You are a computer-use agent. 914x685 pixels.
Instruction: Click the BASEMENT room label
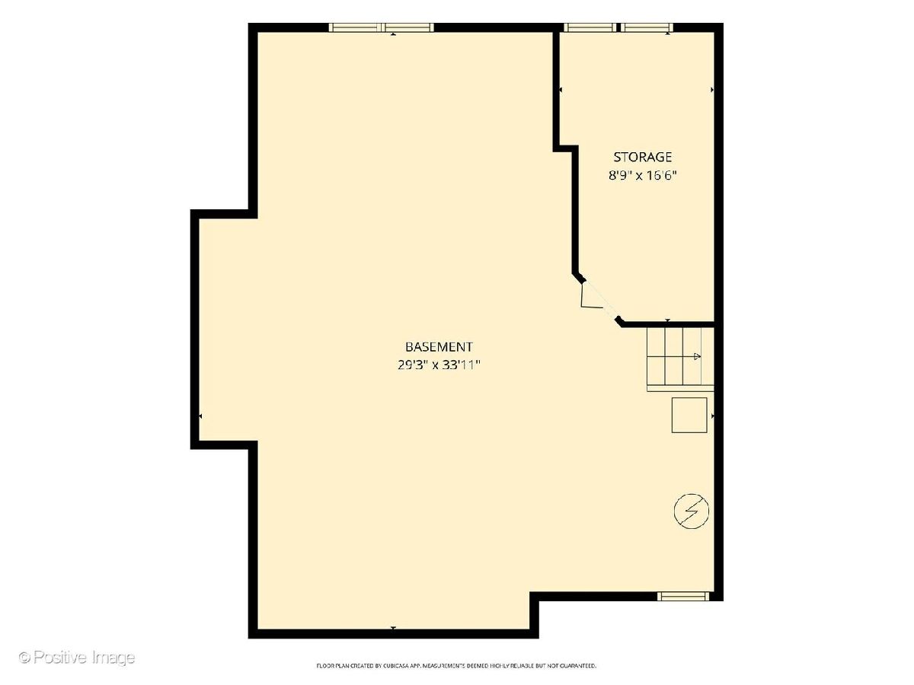[x=439, y=346]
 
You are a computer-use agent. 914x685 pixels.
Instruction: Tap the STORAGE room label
[x=643, y=157]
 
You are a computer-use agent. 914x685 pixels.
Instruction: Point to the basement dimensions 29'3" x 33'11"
[x=439, y=365]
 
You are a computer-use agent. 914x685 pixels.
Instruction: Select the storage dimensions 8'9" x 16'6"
[x=643, y=175]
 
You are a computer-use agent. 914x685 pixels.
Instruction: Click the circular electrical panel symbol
[x=692, y=511]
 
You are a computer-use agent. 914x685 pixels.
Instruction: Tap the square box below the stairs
[x=689, y=415]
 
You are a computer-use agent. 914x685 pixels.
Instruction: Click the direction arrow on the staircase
[x=697, y=356]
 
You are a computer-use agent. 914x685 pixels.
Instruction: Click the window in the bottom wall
[x=683, y=597]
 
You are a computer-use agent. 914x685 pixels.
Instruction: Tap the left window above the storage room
[x=590, y=27]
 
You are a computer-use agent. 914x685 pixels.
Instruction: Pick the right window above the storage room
[x=647, y=27]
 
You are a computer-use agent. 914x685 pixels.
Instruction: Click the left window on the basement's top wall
[x=355, y=27]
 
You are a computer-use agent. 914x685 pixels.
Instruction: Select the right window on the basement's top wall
[x=408, y=27]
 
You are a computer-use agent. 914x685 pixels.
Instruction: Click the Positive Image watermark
[x=77, y=657]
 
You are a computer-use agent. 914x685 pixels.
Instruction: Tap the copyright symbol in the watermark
[x=25, y=658]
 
